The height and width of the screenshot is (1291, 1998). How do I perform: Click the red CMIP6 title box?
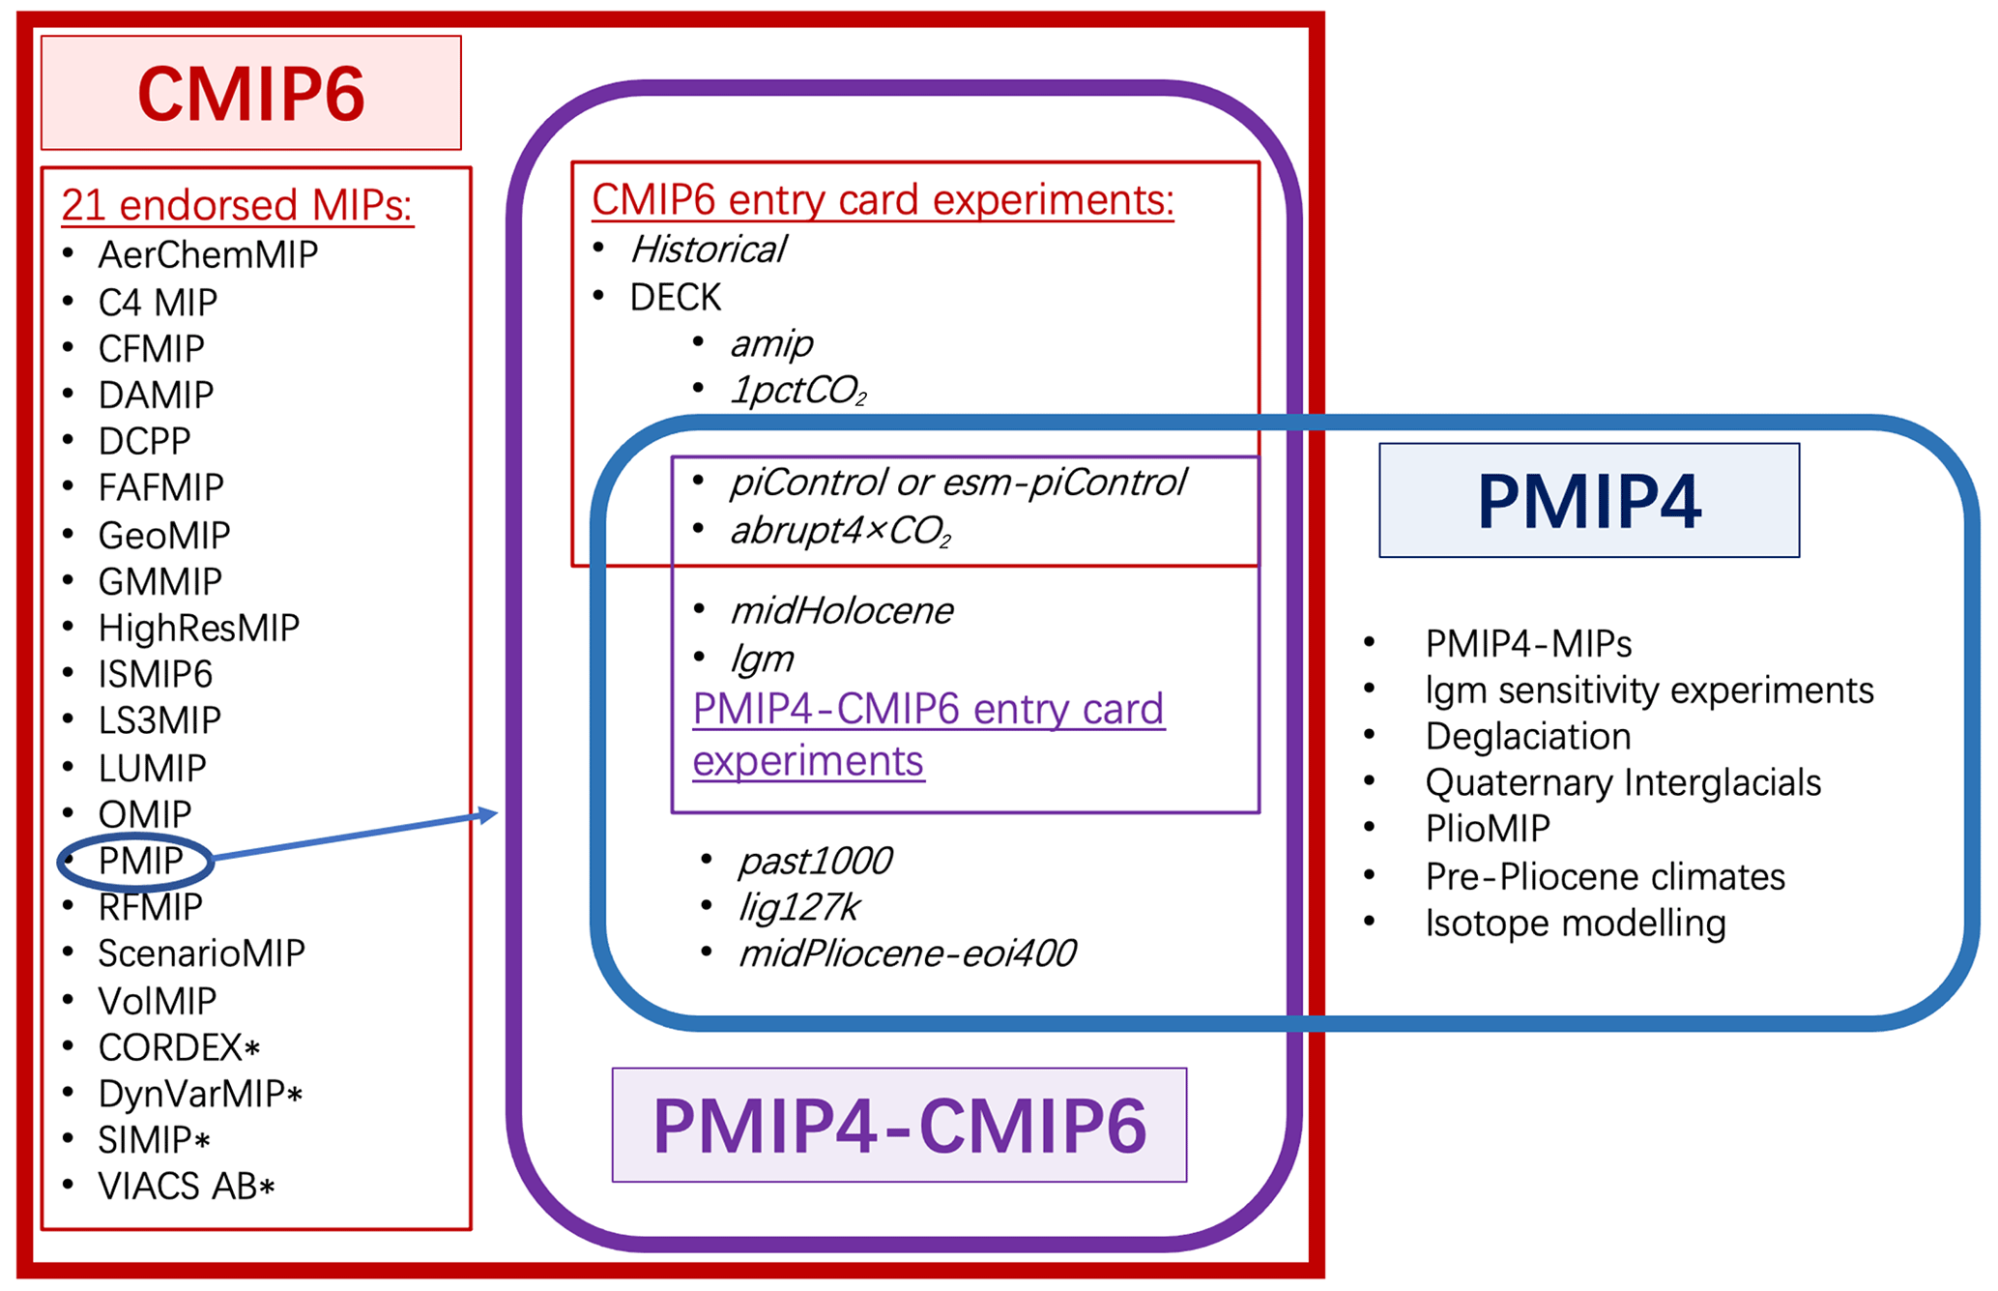tap(250, 93)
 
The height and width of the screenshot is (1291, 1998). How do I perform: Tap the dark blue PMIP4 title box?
tap(1588, 500)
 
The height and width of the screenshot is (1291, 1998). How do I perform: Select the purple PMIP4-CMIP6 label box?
tap(899, 1125)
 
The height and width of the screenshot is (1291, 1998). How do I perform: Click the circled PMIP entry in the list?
tap(140, 861)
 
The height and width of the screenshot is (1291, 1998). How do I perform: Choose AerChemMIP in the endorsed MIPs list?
tap(208, 255)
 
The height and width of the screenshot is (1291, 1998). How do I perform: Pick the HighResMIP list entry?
tap(198, 629)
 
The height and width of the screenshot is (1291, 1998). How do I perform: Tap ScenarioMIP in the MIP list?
tap(201, 954)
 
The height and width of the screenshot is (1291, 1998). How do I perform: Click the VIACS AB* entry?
tap(187, 1187)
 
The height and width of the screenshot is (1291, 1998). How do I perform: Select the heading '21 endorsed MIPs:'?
tap(237, 205)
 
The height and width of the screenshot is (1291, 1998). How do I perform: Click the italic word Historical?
tap(709, 249)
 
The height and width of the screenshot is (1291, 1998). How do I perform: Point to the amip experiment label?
tap(771, 343)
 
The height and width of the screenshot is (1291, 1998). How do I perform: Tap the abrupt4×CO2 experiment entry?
tap(840, 531)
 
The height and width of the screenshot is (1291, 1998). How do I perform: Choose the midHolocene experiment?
tap(841, 611)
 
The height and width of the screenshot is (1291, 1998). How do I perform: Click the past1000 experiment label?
tap(815, 861)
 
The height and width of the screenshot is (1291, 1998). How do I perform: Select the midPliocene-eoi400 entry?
tap(907, 954)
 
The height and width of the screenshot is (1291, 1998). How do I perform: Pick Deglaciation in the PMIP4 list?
tap(1527, 737)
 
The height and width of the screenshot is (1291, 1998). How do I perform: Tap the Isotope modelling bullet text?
tap(1575, 924)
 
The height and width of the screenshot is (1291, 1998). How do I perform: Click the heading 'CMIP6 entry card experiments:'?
tap(883, 200)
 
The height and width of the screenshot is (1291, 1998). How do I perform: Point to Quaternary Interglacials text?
tap(1622, 783)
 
